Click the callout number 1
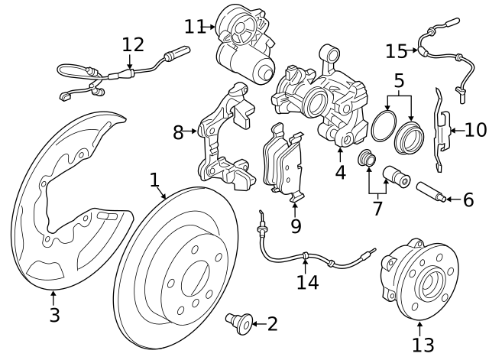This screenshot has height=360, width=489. [x=154, y=180]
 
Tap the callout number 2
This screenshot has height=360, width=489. [x=272, y=324]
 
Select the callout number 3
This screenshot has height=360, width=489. [x=53, y=315]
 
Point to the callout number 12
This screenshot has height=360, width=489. [x=133, y=44]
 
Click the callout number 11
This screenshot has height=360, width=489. [x=195, y=27]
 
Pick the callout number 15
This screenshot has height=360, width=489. [x=397, y=51]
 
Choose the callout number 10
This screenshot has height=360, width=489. [x=474, y=129]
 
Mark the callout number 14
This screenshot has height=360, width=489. [x=306, y=283]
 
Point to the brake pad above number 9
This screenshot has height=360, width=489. [x=283, y=165]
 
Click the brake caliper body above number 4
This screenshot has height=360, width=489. [x=317, y=103]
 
